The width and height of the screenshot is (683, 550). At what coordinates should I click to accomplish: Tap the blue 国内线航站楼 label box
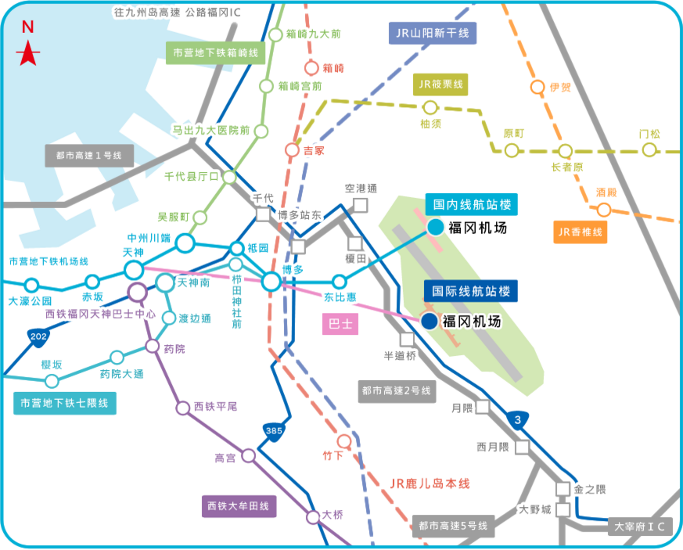click(x=473, y=205)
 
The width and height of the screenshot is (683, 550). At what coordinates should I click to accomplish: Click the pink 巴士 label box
click(x=340, y=324)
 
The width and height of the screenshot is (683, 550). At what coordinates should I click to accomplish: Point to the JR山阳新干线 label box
click(x=433, y=32)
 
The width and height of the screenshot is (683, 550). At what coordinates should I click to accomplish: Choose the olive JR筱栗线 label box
click(x=440, y=84)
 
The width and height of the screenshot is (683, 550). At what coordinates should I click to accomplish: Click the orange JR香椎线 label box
click(x=580, y=232)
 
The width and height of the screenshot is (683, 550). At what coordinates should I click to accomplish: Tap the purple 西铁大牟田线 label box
click(x=238, y=507)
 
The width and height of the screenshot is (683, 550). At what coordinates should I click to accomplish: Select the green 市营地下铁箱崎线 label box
click(x=216, y=52)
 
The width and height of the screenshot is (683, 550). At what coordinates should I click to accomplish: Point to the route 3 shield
click(x=517, y=420)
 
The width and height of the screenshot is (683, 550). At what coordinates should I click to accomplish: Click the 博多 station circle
click(x=271, y=282)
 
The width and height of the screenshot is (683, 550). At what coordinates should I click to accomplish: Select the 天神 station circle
click(x=134, y=271)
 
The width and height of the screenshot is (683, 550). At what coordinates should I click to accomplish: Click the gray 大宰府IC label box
click(x=639, y=527)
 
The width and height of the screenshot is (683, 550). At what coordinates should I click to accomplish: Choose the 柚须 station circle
click(x=430, y=107)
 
